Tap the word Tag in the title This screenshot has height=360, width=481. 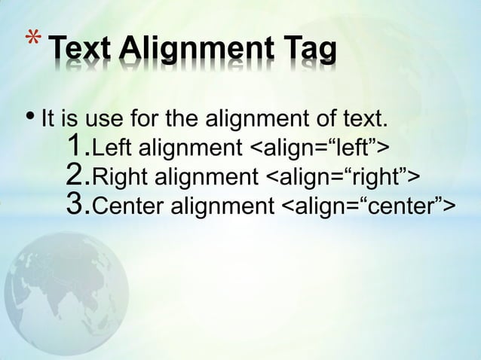click(x=308, y=51)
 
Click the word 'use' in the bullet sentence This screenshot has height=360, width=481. click(x=103, y=119)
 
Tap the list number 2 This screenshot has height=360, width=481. click(x=76, y=175)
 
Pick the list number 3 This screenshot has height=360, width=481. click(x=76, y=206)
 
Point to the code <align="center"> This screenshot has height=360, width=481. click(x=368, y=207)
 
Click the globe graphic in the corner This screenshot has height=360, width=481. click(x=64, y=286)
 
